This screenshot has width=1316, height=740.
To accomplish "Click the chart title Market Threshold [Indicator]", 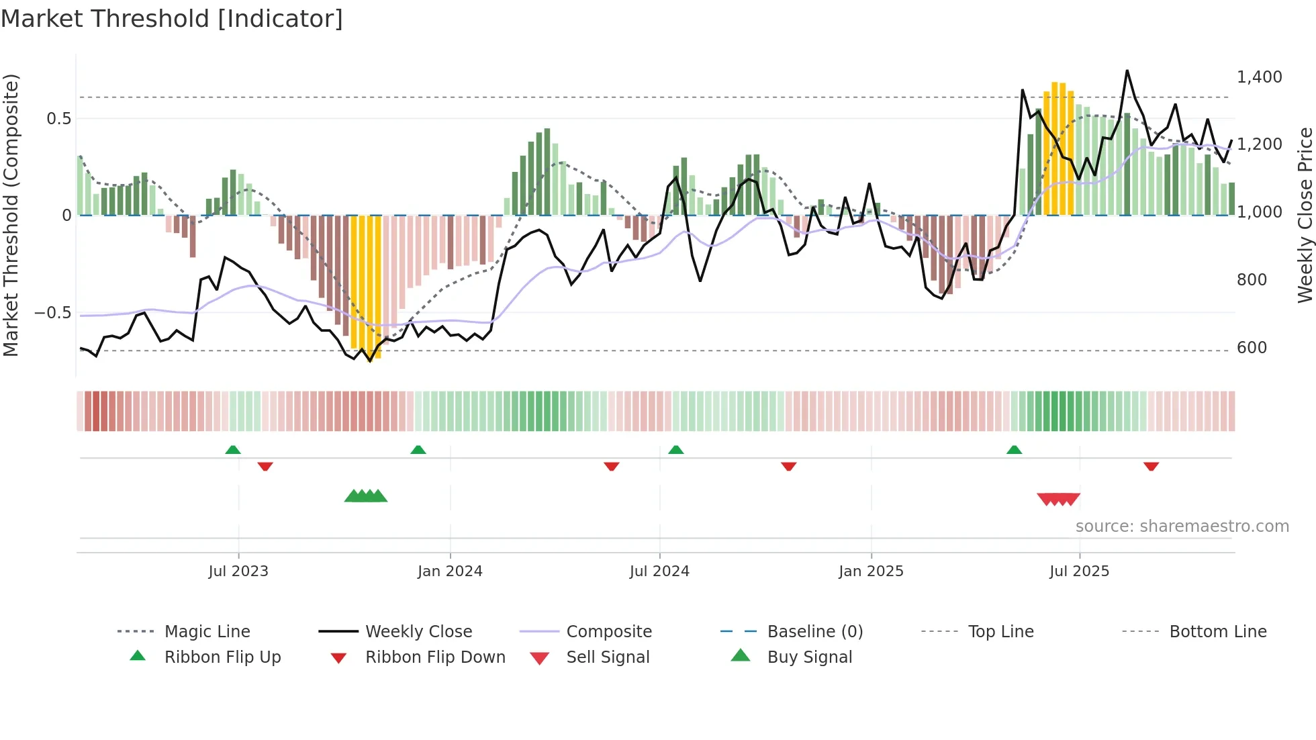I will (172, 19).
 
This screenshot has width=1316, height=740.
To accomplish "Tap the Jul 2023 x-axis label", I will (238, 571).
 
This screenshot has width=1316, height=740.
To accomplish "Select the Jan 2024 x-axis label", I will (450, 571).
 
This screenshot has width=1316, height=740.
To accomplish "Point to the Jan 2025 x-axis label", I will (871, 571).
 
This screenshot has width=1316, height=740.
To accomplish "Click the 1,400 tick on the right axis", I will (1259, 77).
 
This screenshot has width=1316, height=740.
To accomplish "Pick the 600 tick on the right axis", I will (1252, 348).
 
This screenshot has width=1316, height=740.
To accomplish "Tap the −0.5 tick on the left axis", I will (53, 313).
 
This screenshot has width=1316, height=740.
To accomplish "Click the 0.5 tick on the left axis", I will (58, 119).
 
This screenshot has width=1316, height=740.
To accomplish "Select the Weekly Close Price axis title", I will (1305, 215).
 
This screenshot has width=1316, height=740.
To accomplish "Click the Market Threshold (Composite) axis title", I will (11, 215).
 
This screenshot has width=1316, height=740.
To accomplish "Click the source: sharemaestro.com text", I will (1182, 526).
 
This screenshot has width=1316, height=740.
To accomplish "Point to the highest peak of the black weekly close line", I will (1127, 71).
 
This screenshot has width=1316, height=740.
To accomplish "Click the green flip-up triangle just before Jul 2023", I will (233, 450).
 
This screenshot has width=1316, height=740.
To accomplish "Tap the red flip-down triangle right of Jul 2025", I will (1151, 466).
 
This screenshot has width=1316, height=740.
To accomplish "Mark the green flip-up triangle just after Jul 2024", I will (676, 450).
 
